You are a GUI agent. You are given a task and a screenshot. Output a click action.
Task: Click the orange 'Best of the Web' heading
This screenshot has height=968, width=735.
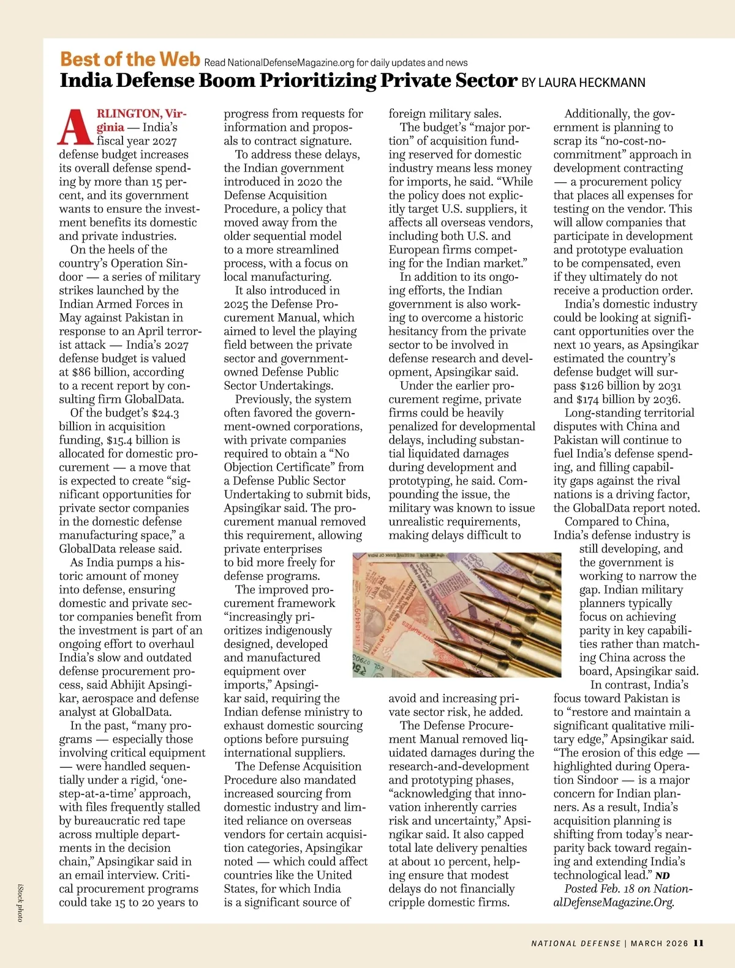click(x=130, y=59)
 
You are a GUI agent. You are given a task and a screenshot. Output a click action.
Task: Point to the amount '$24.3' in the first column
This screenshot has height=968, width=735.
click(x=165, y=413)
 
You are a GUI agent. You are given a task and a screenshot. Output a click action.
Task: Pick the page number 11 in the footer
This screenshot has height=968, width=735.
click(x=699, y=943)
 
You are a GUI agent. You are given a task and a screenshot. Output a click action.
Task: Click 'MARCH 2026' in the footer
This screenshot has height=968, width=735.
click(x=659, y=944)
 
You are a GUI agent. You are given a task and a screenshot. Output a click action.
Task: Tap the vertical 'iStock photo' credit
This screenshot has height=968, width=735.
click(x=20, y=903)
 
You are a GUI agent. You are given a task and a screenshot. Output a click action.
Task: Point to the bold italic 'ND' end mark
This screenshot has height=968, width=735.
click(x=662, y=876)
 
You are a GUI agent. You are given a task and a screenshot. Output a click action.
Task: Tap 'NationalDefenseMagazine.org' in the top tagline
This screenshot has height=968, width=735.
click(x=291, y=63)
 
